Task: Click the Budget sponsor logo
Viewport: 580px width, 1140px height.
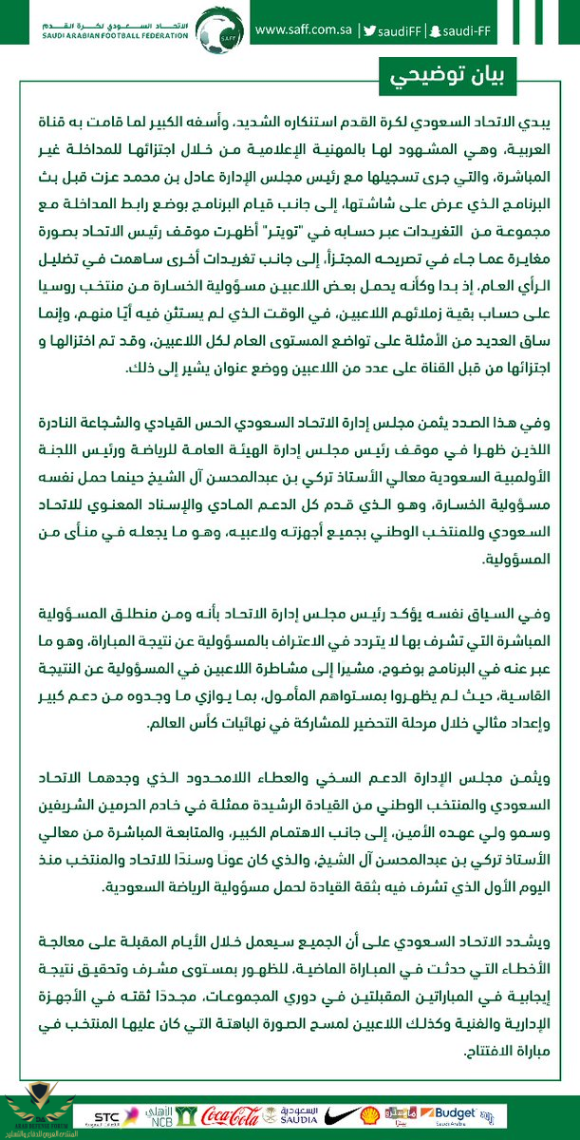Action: pyautogui.click(x=454, y=1113)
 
